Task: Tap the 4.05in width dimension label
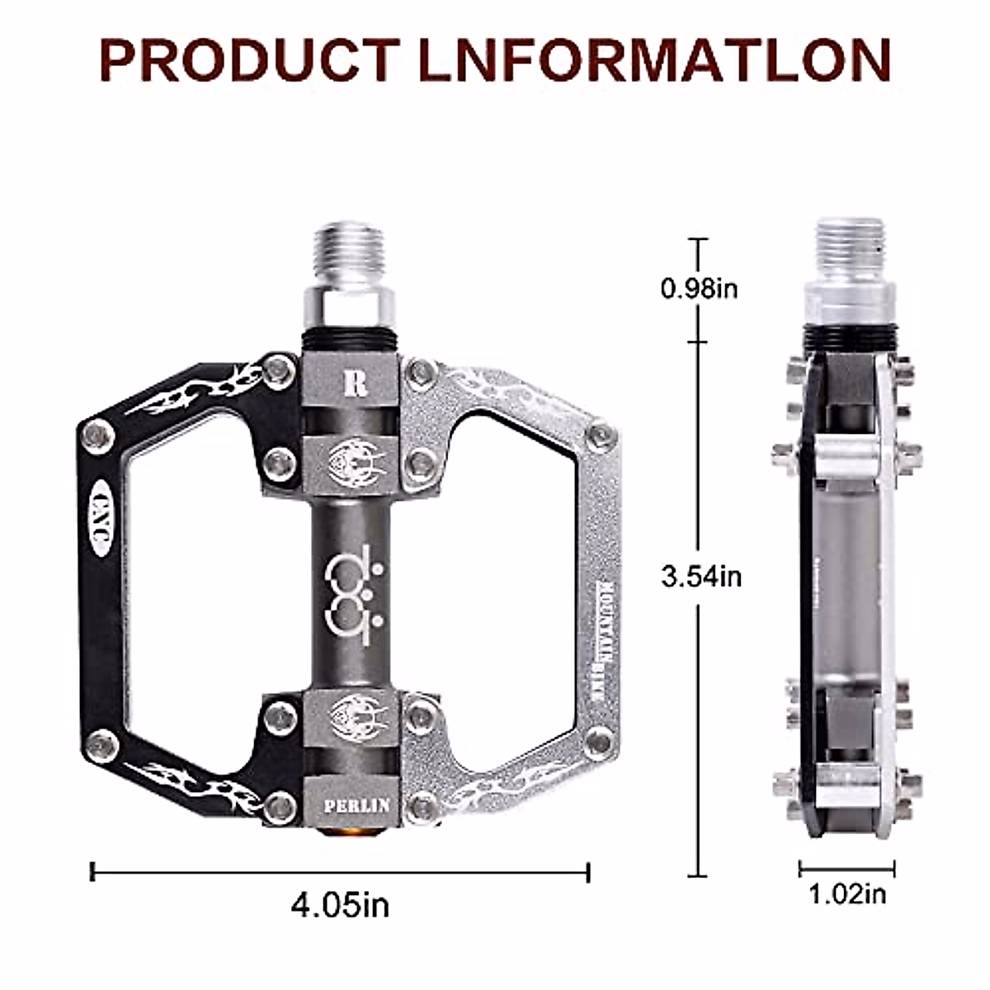point(340,905)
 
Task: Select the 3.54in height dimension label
point(701,575)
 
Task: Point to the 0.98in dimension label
point(700,289)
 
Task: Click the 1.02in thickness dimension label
point(847,893)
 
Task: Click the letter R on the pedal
point(357,384)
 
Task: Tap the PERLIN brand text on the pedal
point(356,804)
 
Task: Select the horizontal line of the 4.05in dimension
point(340,871)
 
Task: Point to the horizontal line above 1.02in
point(847,867)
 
